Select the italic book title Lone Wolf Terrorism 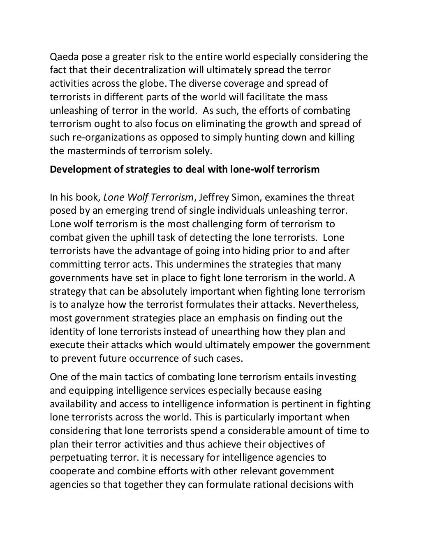coord(148,197)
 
